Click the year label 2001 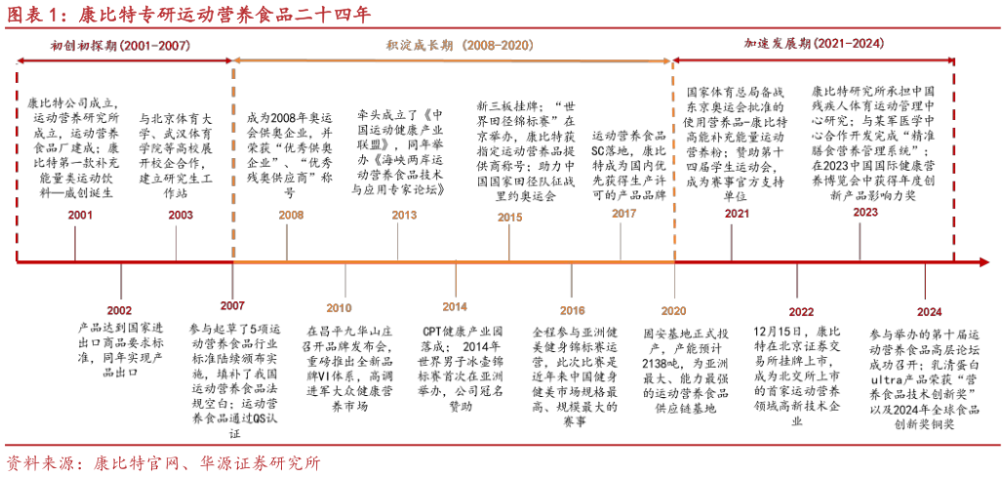coord(81,216)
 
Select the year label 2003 coord(181,216)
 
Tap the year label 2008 coord(291,216)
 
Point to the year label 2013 coord(404,216)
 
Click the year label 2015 coord(509,218)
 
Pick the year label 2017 coord(624,214)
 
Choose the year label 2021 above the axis coord(738,215)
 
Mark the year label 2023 coord(865,213)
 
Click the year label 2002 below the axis coord(119,311)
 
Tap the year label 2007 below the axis coord(232,306)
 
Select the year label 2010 coord(339,308)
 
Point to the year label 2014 coord(455,307)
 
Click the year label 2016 coord(572,311)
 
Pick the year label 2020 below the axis coord(673,311)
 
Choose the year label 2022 coord(801,312)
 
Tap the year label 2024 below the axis coord(929,312)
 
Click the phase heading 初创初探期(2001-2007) coord(121,46)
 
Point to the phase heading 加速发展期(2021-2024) coord(814,44)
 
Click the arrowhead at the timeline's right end coord(984,261)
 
